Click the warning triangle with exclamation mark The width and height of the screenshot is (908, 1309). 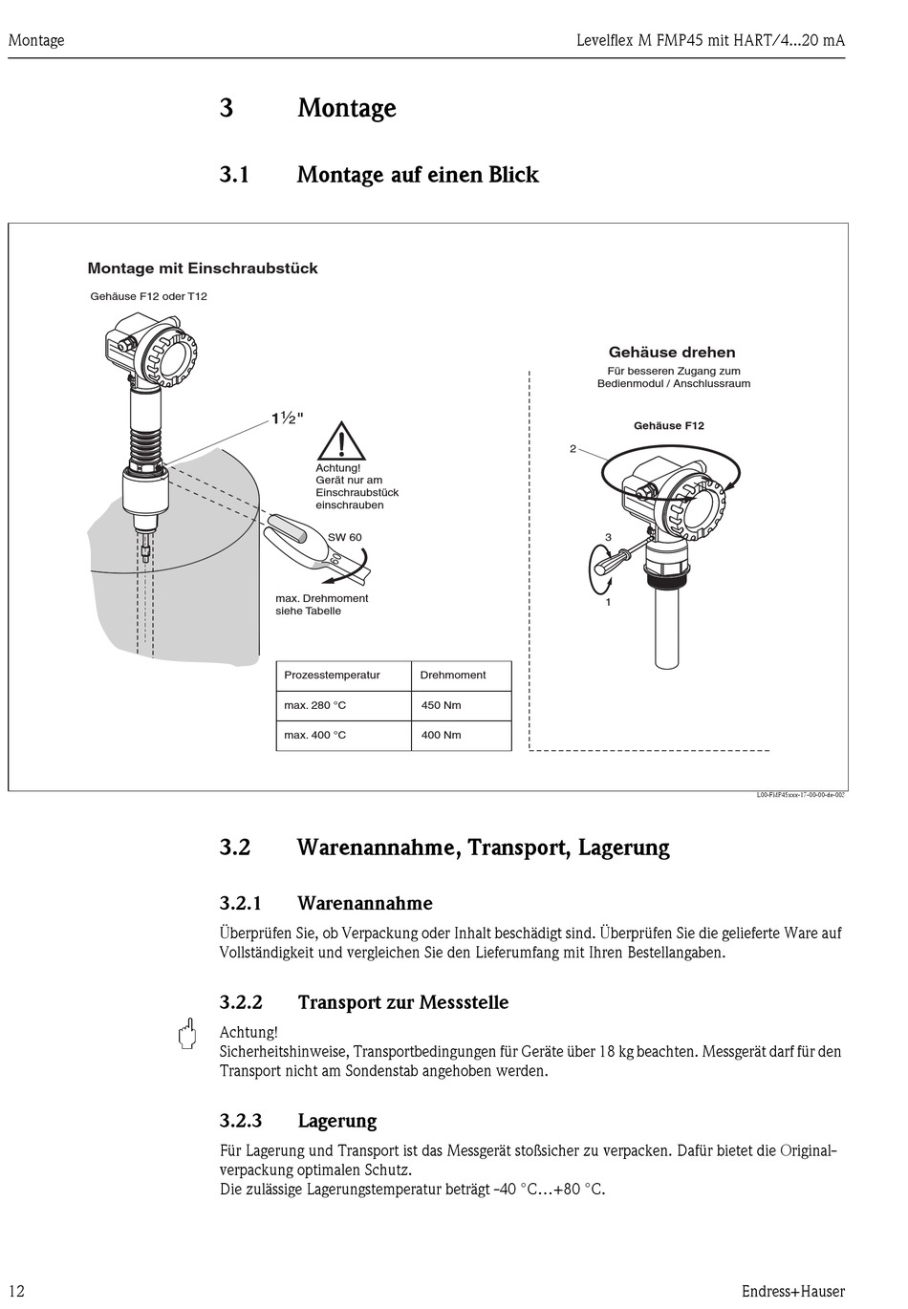click(338, 441)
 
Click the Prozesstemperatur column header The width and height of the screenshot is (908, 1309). click(332, 675)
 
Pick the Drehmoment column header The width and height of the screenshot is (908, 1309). click(453, 675)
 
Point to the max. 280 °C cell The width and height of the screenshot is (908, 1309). click(315, 705)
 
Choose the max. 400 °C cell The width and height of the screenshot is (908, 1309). click(315, 735)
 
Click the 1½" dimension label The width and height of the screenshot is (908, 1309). click(287, 418)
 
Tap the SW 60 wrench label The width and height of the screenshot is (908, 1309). click(344, 537)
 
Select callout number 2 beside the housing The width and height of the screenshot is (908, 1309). click(573, 448)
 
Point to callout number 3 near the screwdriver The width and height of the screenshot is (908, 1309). click(608, 538)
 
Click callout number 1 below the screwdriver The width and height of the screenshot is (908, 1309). click(608, 602)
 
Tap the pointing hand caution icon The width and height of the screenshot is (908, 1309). click(188, 1034)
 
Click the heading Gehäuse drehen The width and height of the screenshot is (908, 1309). click(672, 353)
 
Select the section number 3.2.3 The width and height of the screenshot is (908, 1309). click(241, 1121)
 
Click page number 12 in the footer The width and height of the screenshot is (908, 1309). click(16, 1291)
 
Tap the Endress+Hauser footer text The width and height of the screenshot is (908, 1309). click(792, 1291)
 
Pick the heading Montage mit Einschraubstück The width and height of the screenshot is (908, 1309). click(203, 268)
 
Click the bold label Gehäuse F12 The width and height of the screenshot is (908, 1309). click(668, 426)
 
